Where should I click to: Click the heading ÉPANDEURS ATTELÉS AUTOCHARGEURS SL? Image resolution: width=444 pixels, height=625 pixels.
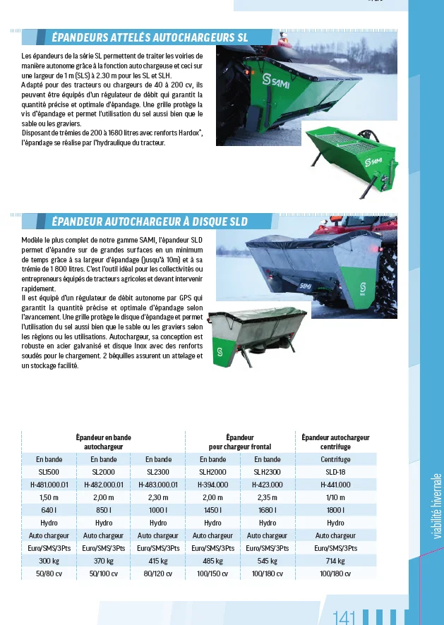click(x=150, y=37)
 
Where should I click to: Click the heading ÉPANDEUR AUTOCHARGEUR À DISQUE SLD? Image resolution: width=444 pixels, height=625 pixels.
click(x=150, y=222)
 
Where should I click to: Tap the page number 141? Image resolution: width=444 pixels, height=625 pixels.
click(x=344, y=617)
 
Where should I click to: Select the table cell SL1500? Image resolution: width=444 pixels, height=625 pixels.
click(x=49, y=472)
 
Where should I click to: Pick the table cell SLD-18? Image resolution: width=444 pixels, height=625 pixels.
click(x=335, y=472)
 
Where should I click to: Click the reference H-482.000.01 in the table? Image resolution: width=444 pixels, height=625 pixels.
click(x=103, y=485)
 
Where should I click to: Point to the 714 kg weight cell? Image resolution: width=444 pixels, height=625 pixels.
click(x=335, y=561)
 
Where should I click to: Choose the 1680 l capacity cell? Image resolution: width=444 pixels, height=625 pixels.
click(x=267, y=510)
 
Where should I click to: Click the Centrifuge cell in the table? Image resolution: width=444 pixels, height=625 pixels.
click(x=335, y=459)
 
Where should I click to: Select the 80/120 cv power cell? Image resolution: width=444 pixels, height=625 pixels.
click(x=158, y=574)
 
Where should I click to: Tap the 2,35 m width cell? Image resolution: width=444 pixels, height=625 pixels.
click(x=267, y=497)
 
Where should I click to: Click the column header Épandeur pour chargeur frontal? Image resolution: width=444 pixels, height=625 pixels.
click(x=240, y=442)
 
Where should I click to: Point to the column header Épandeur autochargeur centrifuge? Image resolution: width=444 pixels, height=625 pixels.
click(x=335, y=442)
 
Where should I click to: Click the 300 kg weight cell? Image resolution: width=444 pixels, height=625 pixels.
click(x=49, y=561)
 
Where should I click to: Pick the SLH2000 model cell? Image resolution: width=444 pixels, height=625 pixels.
click(x=212, y=472)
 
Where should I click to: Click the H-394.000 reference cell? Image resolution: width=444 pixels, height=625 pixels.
click(x=212, y=485)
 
